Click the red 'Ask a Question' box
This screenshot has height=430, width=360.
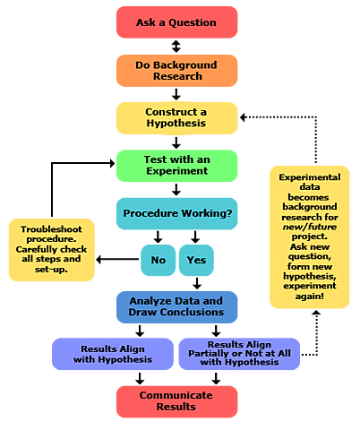176,21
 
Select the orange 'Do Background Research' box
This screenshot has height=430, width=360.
176,70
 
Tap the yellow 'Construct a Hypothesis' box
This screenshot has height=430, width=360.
176,117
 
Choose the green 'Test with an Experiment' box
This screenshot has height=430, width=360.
176,166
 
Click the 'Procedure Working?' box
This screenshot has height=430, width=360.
176,213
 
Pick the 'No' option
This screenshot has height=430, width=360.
158,260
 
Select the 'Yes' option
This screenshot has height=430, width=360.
196,260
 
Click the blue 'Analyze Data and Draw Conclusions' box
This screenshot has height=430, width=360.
176,307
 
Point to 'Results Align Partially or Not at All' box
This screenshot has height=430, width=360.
240,354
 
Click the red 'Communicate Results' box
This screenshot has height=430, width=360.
176,401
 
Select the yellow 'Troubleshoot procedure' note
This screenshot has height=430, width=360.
52,249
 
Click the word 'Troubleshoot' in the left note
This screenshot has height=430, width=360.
52,229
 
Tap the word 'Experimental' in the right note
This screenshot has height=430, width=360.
310,178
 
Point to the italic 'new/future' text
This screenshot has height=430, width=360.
309,228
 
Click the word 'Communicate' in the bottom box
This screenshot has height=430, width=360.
176,395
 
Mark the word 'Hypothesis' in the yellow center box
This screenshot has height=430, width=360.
176,124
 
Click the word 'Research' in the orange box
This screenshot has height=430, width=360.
176,76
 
